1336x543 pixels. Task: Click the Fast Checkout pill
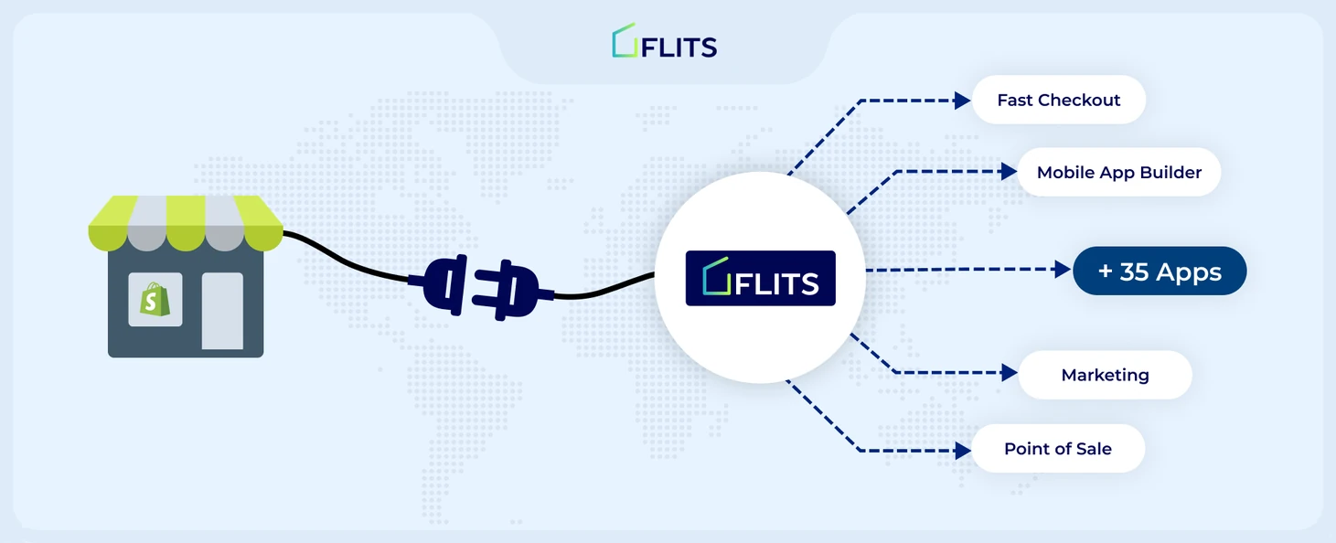point(1059,100)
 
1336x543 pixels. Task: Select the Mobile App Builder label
point(1119,172)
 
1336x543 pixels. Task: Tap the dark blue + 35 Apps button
point(1160,271)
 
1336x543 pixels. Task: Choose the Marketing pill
point(1106,375)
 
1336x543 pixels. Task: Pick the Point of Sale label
point(1058,448)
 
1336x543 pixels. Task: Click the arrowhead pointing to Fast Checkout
point(962,101)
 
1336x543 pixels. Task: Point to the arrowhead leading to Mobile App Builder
point(1009,172)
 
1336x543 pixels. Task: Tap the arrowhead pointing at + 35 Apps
point(1063,270)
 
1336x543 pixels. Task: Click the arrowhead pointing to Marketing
point(1010,373)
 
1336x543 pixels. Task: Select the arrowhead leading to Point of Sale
point(963,451)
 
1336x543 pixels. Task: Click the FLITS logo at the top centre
point(665,41)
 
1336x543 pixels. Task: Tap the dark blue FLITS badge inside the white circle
point(761,278)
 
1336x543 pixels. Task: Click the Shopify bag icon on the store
point(155,299)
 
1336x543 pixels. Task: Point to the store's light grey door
point(222,311)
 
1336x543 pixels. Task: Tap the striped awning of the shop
point(186,223)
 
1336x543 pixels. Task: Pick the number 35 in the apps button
point(1134,271)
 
